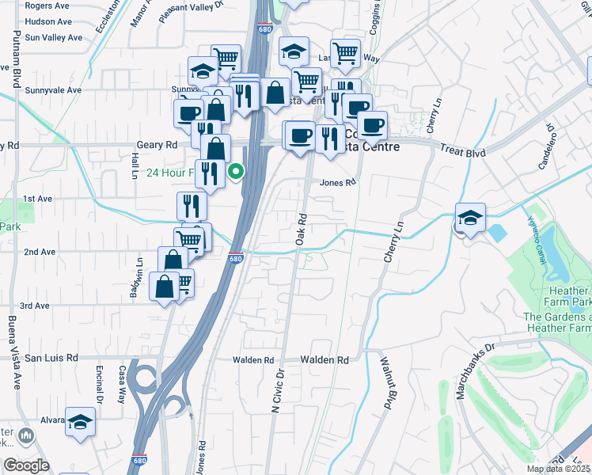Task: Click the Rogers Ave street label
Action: pyautogui.click(x=48, y=6)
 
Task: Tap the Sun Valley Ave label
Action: pyautogui.click(x=53, y=37)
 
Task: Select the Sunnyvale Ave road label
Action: pyautogui.click(x=52, y=90)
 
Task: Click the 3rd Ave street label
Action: pyautogui.click(x=35, y=306)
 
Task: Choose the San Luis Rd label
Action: pyautogui.click(x=51, y=358)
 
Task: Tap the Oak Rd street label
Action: pyautogui.click(x=302, y=227)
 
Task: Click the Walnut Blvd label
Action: pyautogui.click(x=388, y=392)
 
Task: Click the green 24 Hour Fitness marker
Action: pyautogui.click(x=236, y=170)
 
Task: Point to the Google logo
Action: pyautogui.click(x=27, y=465)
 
